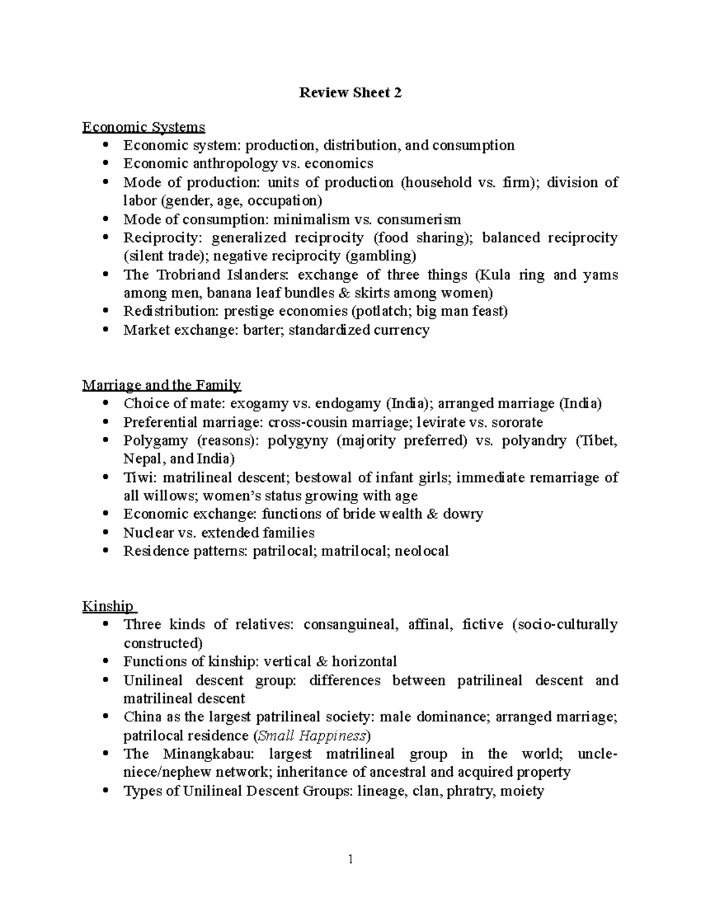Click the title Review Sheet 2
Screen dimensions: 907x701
pyautogui.click(x=350, y=92)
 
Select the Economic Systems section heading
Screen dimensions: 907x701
pyautogui.click(x=144, y=127)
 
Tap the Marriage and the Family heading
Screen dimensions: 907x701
pyautogui.click(x=162, y=385)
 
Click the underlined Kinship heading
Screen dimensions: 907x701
pyautogui.click(x=107, y=606)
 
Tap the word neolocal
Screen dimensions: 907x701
pyautogui.click(x=422, y=551)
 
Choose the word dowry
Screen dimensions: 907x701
pyautogui.click(x=463, y=514)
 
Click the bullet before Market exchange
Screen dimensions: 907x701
pyautogui.click(x=105, y=330)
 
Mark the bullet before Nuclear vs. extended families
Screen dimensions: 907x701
pyautogui.click(x=105, y=533)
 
